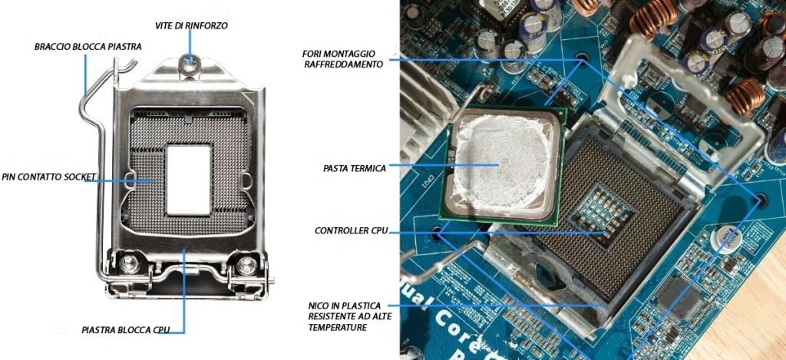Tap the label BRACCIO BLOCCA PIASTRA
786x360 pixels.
pyautogui.click(x=88, y=47)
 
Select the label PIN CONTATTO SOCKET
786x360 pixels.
pyautogui.click(x=49, y=177)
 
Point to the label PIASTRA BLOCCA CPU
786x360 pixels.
pyautogui.click(x=126, y=330)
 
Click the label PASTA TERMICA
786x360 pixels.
pyautogui.click(x=355, y=168)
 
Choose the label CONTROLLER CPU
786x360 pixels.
pyautogui.click(x=352, y=231)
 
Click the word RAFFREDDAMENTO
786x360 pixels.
pyautogui.click(x=344, y=64)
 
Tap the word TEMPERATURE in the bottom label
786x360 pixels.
pyautogui.click(x=337, y=328)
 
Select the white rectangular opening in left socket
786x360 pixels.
pyautogui.click(x=188, y=179)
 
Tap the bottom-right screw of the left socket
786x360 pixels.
pyautogui.click(x=246, y=264)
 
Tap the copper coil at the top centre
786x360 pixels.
pyautogui.click(x=650, y=19)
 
